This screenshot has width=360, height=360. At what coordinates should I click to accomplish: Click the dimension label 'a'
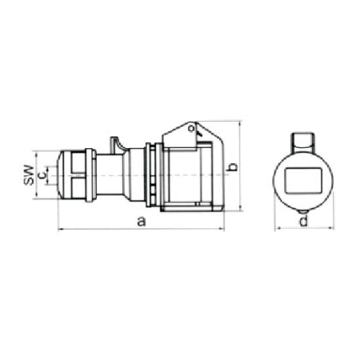[x=142, y=222]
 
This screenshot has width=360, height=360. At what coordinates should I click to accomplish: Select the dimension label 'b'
[x=233, y=167]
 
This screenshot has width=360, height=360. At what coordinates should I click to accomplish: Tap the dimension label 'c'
[x=42, y=175]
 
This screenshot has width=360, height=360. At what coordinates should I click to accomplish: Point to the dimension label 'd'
[x=304, y=221]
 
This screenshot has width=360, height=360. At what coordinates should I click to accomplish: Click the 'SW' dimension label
[x=29, y=175]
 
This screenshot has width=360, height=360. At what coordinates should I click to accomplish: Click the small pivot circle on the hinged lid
[x=191, y=128]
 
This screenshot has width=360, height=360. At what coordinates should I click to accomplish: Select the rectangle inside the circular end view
[x=303, y=181]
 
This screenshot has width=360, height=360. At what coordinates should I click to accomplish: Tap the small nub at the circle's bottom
[x=303, y=212]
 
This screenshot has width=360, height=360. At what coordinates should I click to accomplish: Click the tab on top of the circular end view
[x=303, y=142]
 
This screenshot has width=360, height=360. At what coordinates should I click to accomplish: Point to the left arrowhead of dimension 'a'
[x=60, y=229]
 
